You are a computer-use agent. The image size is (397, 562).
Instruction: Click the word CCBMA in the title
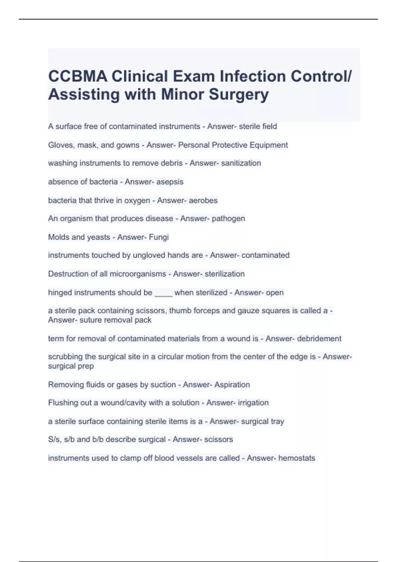(78, 76)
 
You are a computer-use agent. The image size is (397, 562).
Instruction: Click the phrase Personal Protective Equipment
(233, 145)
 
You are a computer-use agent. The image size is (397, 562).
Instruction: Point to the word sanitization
(241, 163)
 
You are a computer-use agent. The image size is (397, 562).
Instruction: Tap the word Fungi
(159, 237)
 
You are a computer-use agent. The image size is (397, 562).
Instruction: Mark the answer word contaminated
(265, 255)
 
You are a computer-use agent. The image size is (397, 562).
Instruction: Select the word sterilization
(225, 274)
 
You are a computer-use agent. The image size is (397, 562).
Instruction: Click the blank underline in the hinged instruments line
(163, 294)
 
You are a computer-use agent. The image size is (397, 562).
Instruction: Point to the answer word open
(275, 293)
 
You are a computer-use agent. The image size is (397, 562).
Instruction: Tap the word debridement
(319, 339)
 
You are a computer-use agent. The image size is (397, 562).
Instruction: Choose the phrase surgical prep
(71, 366)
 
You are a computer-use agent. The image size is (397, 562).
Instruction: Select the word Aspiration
(232, 384)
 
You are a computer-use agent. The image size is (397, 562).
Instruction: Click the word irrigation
(252, 403)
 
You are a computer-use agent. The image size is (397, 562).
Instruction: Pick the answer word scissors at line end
(218, 439)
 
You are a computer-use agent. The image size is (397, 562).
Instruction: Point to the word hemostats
(297, 458)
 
